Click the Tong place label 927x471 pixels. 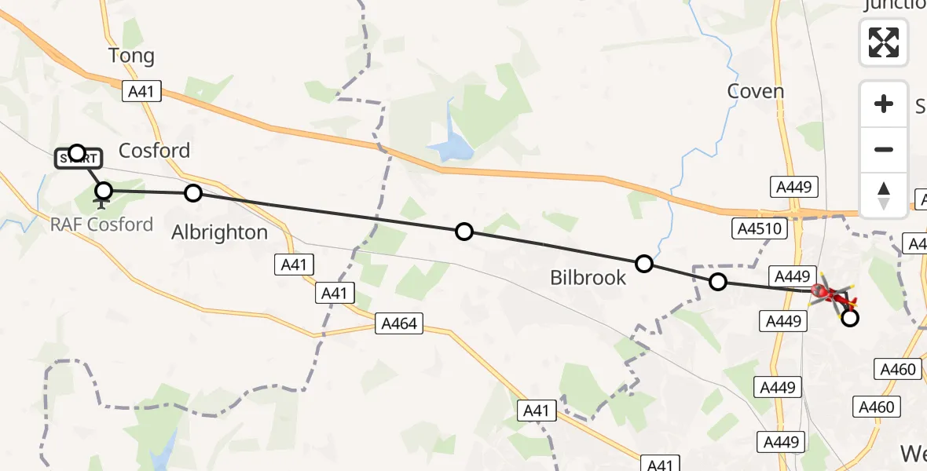131,56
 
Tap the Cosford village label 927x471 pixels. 154,150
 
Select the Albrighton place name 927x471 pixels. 220,232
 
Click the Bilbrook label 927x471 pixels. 588,277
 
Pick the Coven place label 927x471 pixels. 756,91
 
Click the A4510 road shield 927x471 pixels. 758,228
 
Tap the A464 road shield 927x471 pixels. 400,323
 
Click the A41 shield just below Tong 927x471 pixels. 141,91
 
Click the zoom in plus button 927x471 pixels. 884,104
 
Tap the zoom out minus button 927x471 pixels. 884,149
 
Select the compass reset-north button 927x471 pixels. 884,195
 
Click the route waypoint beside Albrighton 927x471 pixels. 193,193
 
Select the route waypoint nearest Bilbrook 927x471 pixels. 644,264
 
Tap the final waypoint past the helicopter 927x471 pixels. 849,318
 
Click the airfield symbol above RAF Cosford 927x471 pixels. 101,205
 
